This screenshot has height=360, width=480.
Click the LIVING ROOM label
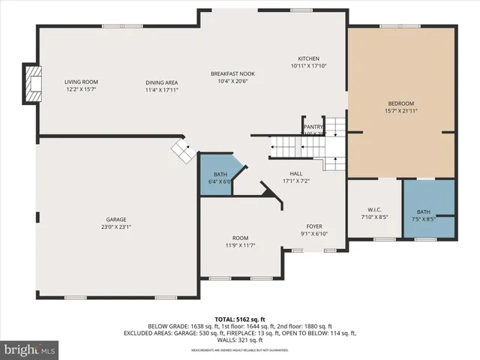pyautogui.click(x=81, y=82)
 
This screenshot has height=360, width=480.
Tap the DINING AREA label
pyautogui.click(x=162, y=82)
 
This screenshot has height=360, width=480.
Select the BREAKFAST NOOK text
pyautogui.click(x=232, y=73)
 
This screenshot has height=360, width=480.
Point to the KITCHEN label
pyautogui.click(x=309, y=58)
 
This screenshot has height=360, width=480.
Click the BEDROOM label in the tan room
pyautogui.click(x=400, y=103)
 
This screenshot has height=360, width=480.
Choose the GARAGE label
pyautogui.click(x=116, y=219)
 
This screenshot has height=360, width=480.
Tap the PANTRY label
pyautogui.click(x=313, y=127)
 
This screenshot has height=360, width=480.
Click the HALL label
pyautogui.click(x=296, y=173)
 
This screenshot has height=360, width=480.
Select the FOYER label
pyautogui.click(x=313, y=226)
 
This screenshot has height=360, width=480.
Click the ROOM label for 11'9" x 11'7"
pyautogui.click(x=239, y=238)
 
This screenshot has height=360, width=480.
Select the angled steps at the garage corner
pyautogui.click(x=182, y=148)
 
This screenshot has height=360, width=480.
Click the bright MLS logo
pyautogui.click(x=30, y=349)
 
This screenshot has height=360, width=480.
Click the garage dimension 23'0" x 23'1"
pyautogui.click(x=116, y=227)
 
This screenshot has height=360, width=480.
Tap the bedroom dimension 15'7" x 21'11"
pyautogui.click(x=400, y=111)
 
